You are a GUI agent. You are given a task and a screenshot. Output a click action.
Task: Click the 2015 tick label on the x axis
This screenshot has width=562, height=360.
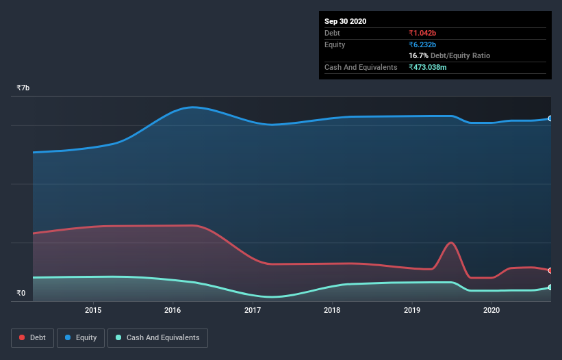tap(93, 310)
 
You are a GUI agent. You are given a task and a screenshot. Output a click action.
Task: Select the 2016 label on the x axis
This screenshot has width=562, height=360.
tap(173, 310)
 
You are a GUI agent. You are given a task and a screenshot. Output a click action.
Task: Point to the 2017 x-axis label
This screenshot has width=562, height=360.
tap(253, 310)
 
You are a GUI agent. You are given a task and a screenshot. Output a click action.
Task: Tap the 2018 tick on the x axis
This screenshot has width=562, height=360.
tap(332, 310)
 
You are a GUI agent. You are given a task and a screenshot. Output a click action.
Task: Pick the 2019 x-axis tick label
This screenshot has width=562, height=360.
tap(412, 310)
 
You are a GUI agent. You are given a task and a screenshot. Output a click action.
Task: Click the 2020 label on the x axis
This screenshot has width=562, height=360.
tap(491, 310)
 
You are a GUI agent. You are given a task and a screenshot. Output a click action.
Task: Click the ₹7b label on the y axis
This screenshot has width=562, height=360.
tap(23, 88)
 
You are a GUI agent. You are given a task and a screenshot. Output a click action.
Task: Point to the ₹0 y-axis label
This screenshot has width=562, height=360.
tap(21, 294)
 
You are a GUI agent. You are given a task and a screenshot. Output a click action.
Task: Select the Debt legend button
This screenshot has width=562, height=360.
tap(32, 337)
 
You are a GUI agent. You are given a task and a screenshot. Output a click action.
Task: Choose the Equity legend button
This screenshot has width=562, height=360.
tap(80, 337)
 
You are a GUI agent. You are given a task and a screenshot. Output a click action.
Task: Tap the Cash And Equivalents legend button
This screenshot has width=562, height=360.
tap(157, 337)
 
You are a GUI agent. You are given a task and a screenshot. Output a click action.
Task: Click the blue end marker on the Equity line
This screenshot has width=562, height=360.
tap(550, 118)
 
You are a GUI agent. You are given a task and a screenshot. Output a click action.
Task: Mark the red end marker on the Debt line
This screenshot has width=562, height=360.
tap(550, 270)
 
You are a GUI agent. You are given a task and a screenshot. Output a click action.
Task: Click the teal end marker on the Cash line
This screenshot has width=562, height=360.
tap(550, 287)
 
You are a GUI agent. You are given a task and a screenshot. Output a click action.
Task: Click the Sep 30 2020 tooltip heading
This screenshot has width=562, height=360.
tap(345, 21)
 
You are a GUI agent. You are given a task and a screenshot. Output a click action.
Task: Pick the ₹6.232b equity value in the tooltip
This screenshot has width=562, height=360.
tap(422, 44)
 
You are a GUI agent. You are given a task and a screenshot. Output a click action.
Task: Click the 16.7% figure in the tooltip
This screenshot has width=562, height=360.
tap(418, 55)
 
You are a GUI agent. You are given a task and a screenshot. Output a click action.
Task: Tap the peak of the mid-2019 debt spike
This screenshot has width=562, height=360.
tap(450, 242)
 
